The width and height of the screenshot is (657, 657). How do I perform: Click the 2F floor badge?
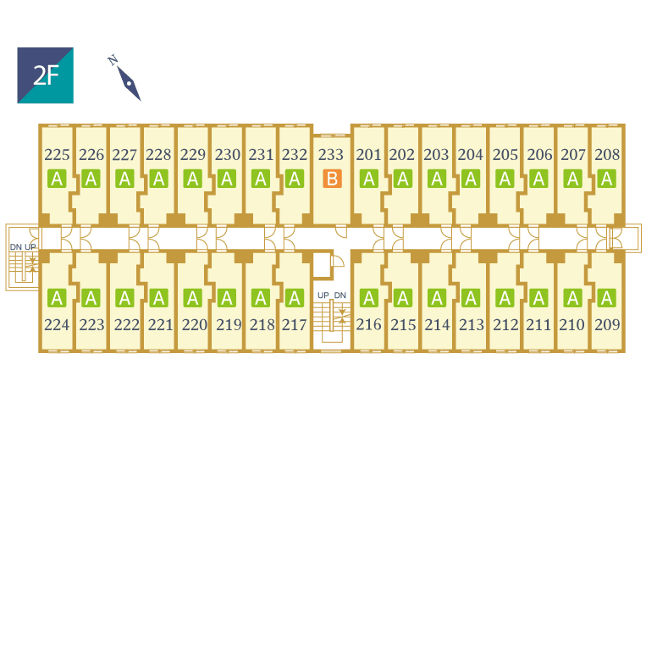tap(45, 75)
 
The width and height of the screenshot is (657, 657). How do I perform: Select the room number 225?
tap(57, 155)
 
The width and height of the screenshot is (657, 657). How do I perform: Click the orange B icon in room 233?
tap(332, 179)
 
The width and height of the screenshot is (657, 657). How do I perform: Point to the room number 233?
tap(331, 155)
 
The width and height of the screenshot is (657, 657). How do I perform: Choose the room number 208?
tap(607, 155)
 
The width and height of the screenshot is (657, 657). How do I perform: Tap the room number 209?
tap(607, 324)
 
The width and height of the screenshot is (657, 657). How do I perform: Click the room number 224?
tap(57, 324)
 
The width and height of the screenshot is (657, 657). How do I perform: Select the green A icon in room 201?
tap(368, 179)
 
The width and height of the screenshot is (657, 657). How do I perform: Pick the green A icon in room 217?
tap(295, 298)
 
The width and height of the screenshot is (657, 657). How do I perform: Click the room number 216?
tap(368, 324)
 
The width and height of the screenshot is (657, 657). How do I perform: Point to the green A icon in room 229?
tap(192, 179)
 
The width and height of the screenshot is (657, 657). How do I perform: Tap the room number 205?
tap(505, 155)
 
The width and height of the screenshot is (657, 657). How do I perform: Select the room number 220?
tap(194, 324)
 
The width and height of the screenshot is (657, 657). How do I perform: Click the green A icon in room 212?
tap(505, 298)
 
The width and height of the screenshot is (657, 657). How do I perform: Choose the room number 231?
tap(261, 155)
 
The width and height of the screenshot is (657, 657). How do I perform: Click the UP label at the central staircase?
tap(323, 295)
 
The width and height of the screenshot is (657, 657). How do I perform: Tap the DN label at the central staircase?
tap(340, 295)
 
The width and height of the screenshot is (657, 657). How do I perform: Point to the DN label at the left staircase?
tap(15, 246)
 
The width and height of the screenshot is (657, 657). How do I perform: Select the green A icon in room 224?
tap(57, 298)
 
